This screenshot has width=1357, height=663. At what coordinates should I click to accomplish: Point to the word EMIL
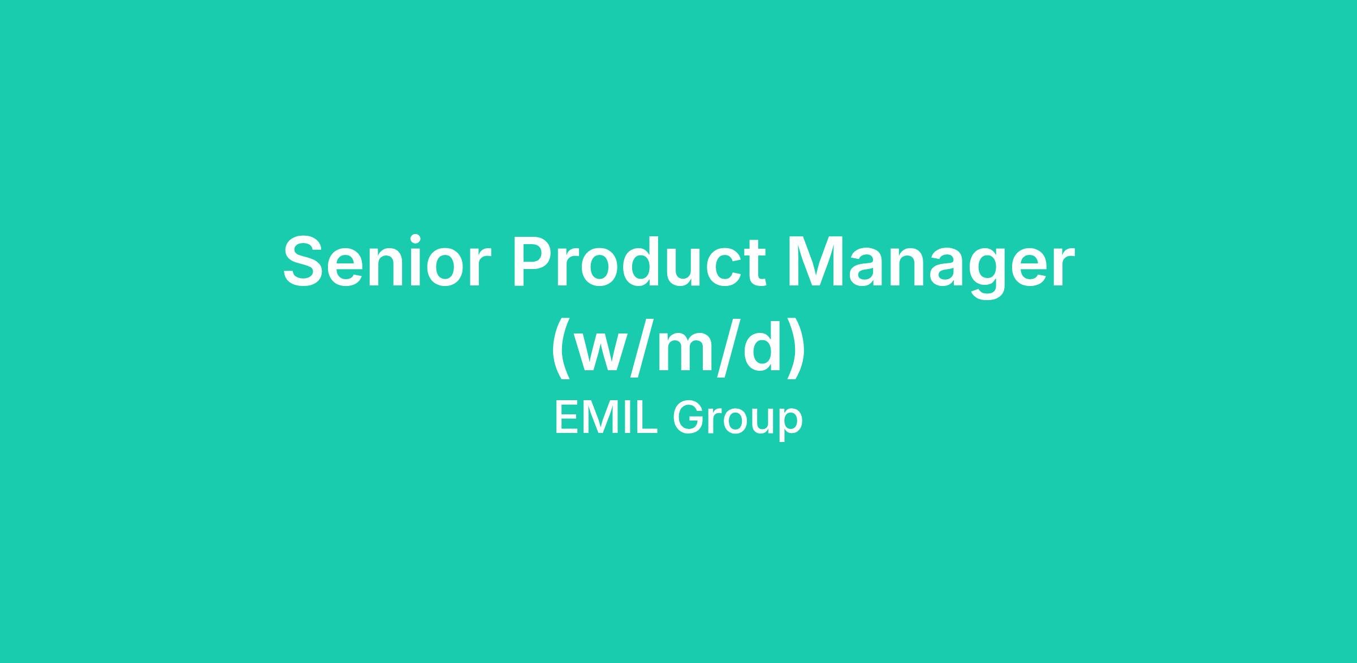point(606,418)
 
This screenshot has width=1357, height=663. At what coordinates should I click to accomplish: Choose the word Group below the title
point(738,421)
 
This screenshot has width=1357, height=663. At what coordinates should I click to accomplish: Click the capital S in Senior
point(306,262)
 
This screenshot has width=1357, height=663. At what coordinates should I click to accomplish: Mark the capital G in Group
point(689,418)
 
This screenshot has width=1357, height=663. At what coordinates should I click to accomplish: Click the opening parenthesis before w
point(560,348)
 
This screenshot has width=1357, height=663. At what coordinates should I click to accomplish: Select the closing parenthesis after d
point(796,348)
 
